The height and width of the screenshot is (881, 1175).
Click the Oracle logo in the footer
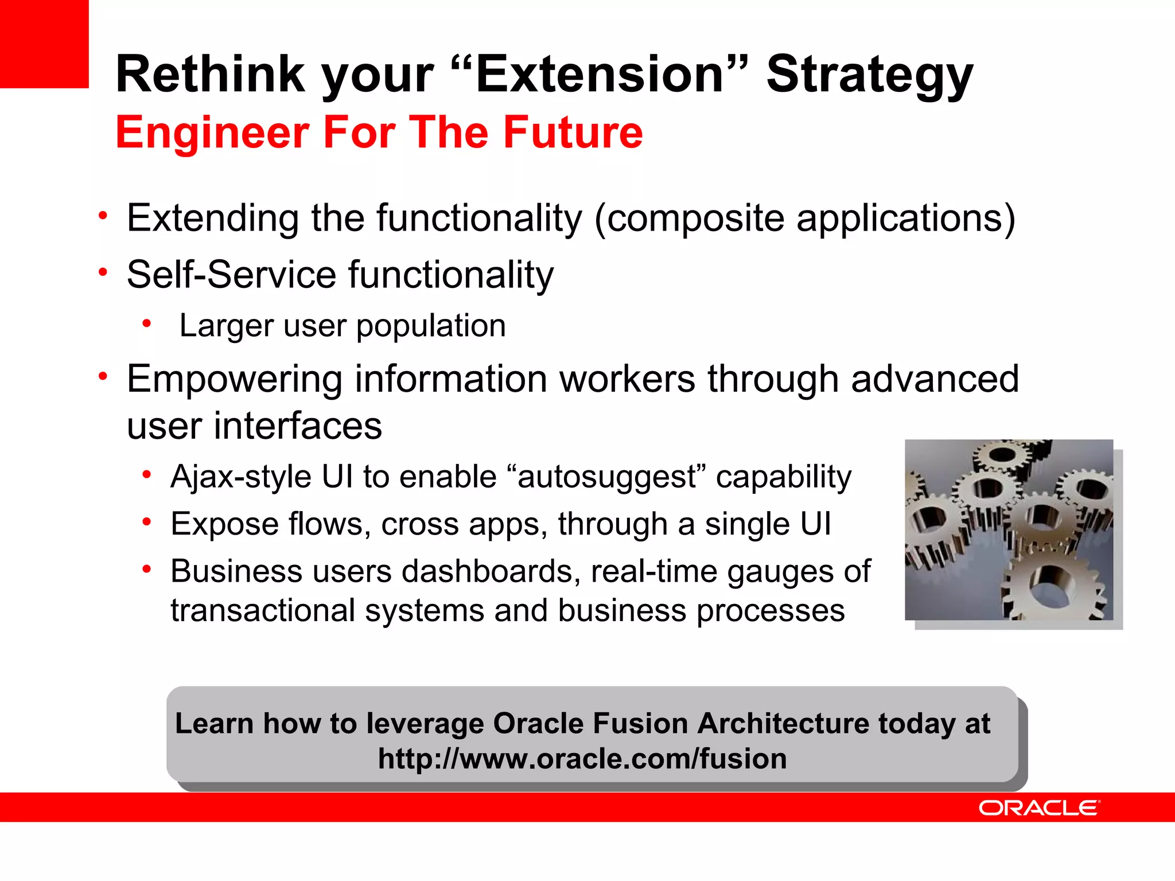[1038, 808]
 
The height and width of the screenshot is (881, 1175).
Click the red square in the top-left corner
[44, 43]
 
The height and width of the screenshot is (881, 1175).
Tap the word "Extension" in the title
[600, 75]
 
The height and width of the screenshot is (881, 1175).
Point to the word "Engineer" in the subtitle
[212, 134]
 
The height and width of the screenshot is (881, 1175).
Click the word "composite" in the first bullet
[695, 219]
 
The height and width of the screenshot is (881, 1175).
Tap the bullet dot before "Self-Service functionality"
[103, 271]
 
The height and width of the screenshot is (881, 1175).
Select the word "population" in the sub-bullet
[431, 326]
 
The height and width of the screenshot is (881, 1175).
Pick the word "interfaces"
[298, 426]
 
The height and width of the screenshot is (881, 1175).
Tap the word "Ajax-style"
[241, 477]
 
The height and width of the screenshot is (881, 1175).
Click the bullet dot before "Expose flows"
[147, 522]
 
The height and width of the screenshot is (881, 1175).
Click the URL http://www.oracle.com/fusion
[582, 759]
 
